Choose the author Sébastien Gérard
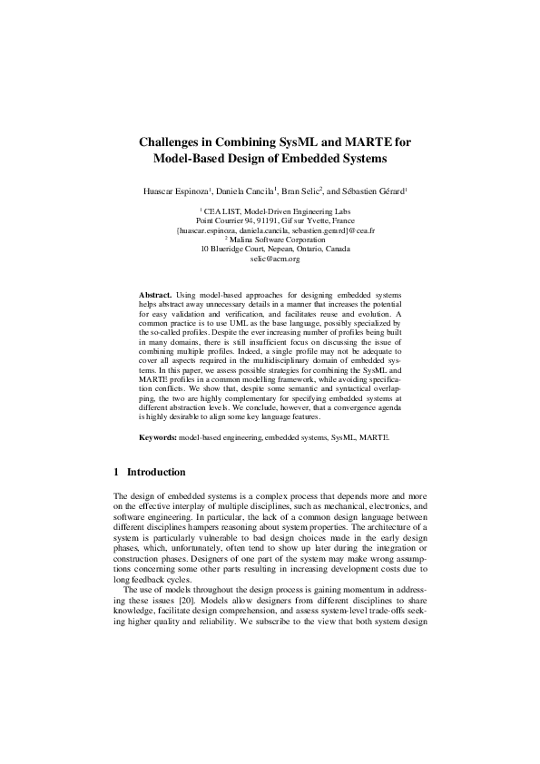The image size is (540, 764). point(370,191)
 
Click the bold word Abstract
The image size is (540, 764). point(156,296)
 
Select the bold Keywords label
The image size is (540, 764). point(158,437)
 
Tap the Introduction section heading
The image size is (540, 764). point(156,472)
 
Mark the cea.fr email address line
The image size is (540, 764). point(274,230)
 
